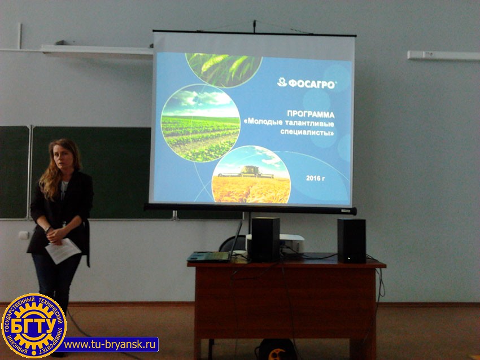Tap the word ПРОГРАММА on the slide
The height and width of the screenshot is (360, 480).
311,114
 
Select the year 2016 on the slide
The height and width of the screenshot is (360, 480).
313,178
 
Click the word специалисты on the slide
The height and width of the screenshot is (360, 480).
307,133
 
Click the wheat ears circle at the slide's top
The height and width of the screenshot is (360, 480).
224,68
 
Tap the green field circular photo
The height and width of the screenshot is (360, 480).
200,123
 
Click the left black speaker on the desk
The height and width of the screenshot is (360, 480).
265,239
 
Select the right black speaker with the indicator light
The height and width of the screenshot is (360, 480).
351,241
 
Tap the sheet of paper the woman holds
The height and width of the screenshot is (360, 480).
63,251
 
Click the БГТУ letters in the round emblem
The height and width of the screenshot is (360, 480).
34,326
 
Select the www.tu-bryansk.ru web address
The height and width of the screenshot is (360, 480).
110,344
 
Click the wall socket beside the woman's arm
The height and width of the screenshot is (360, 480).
24,235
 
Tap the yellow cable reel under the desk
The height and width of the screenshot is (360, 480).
277,350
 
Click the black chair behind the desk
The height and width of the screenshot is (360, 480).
233,243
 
